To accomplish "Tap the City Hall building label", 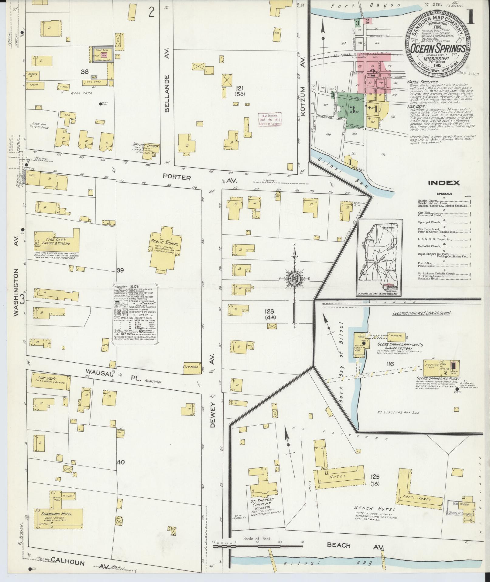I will (x=190, y=367).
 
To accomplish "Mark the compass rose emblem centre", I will (x=294, y=278).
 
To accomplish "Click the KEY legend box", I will (x=134, y=314).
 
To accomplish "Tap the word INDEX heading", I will (x=444, y=183).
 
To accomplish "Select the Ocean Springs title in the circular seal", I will (x=437, y=49).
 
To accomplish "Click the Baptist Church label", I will (x=146, y=146).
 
